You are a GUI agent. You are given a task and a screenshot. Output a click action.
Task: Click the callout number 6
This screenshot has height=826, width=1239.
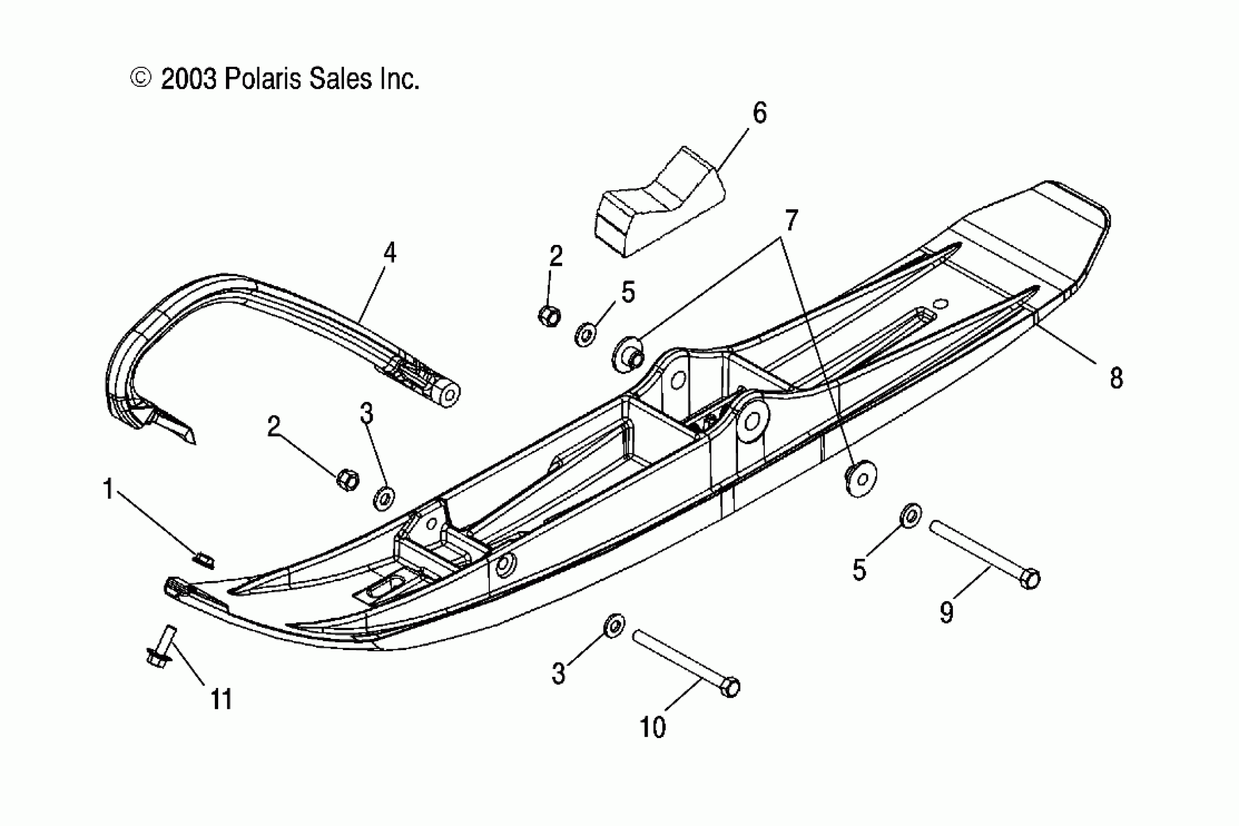tap(759, 113)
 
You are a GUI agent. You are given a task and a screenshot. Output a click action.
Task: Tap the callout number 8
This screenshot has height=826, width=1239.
tap(1116, 378)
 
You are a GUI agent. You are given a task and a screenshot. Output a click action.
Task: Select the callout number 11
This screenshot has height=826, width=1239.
tap(221, 700)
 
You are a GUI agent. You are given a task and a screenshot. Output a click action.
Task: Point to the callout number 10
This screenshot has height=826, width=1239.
tap(652, 727)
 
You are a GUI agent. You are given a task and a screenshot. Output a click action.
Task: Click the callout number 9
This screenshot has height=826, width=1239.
tap(946, 612)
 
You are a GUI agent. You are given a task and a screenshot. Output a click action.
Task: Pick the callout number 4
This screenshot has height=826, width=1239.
tap(389, 253)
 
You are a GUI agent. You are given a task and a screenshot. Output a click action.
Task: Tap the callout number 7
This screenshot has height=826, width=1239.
tap(791, 220)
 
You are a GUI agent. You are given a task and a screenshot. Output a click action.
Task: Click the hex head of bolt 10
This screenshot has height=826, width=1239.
tap(730, 687)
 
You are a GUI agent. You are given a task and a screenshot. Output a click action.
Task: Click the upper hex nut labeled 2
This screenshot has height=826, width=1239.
tap(549, 315)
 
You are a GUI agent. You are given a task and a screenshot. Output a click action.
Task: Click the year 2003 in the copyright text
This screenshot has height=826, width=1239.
tap(189, 80)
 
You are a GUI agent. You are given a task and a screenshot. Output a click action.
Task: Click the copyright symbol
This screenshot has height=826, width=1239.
tap(140, 78)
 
